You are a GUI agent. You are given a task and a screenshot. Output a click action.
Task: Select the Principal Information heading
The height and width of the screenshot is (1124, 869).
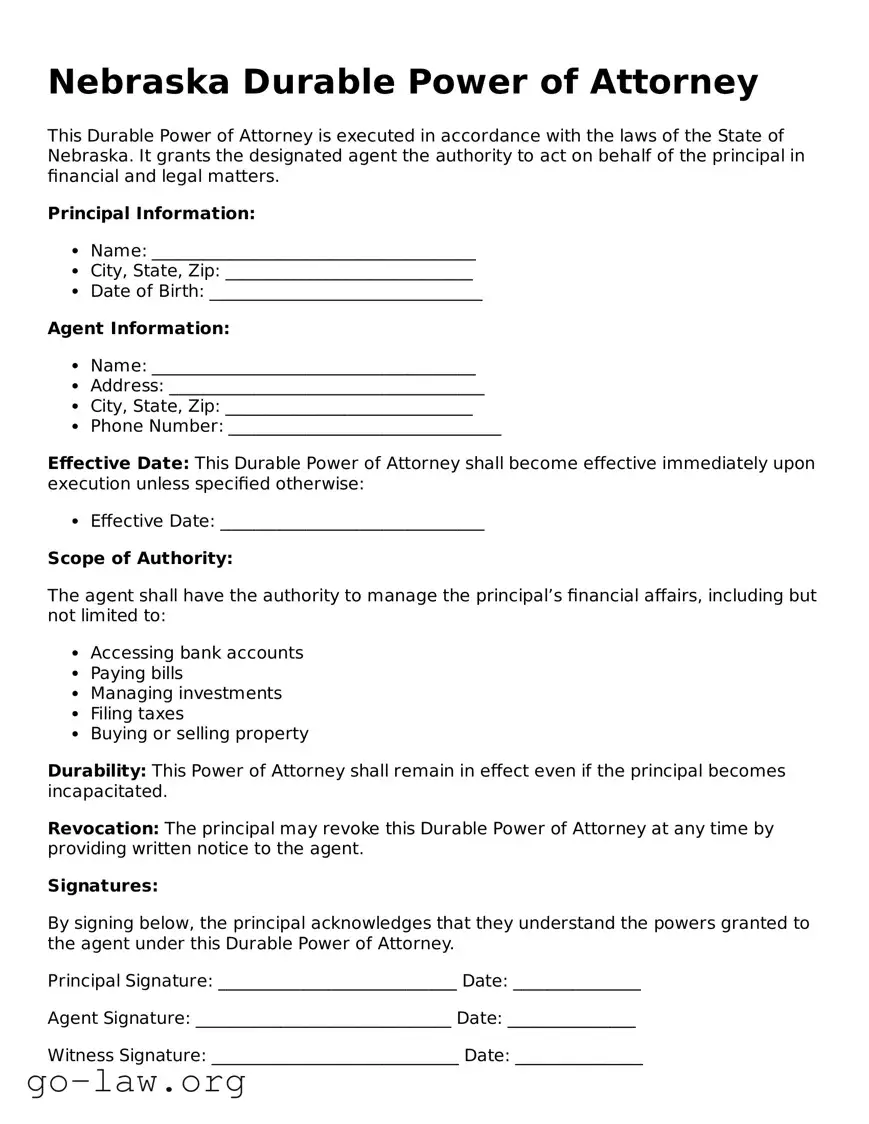(151, 213)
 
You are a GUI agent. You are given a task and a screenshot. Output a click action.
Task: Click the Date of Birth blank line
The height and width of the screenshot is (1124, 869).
(345, 293)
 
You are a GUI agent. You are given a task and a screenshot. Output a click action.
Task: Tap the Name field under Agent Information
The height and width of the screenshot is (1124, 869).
(313, 367)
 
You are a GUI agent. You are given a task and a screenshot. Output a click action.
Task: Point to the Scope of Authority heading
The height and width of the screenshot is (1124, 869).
(140, 558)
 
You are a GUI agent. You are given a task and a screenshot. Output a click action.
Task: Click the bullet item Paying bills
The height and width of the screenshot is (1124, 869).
(137, 673)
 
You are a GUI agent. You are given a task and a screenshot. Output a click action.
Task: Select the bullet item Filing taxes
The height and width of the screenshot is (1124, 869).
(137, 713)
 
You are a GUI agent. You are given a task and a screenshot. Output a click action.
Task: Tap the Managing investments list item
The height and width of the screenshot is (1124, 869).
(186, 693)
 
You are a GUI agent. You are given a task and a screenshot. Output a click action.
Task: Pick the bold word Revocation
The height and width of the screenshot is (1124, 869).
(103, 828)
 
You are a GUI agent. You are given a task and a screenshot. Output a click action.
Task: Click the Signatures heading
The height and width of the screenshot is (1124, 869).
(103, 886)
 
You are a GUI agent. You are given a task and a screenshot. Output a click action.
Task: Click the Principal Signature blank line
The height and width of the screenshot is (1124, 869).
(337, 983)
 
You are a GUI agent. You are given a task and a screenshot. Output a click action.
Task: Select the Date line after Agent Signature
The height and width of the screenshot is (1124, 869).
(571, 1020)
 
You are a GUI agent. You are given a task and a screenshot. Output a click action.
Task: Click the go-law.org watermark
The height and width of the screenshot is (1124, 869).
(136, 1081)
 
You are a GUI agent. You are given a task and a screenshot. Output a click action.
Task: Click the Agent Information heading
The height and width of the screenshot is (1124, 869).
(138, 328)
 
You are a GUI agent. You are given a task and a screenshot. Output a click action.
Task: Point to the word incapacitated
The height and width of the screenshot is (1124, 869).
(107, 791)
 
